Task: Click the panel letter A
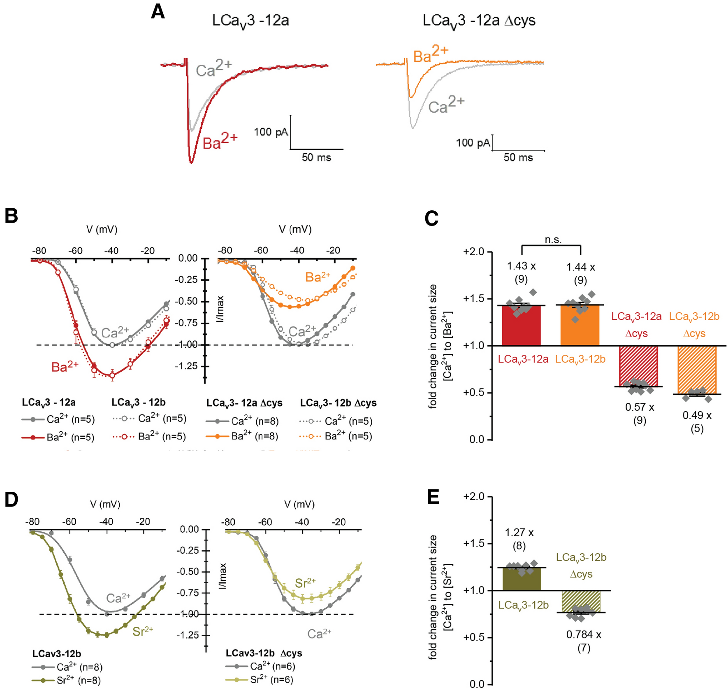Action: click(x=158, y=12)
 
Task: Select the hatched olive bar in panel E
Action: click(x=581, y=601)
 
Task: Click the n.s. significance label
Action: click(x=553, y=240)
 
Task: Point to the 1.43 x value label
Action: click(x=521, y=266)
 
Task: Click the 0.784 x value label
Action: click(x=583, y=635)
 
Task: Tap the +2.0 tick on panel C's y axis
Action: click(x=473, y=252)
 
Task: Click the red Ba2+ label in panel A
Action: click(x=220, y=141)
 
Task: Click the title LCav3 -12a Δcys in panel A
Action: click(x=479, y=20)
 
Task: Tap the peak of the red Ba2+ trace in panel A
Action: click(x=191, y=163)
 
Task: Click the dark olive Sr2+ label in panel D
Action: click(x=142, y=631)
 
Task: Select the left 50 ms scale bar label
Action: click(x=316, y=158)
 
